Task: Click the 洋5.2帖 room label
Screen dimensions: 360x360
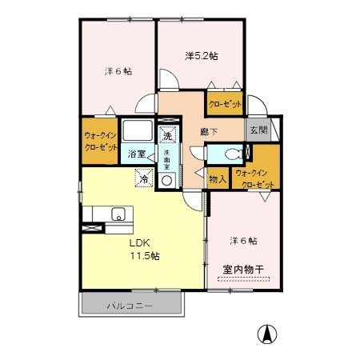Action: pos(202,56)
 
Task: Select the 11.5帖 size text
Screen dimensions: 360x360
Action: pos(146,256)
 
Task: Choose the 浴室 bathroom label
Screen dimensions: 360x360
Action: pos(137,154)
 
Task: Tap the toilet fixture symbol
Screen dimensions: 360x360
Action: pos(233,154)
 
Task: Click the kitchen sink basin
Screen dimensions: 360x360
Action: pos(117,213)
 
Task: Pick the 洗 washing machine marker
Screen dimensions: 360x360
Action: pos(167,134)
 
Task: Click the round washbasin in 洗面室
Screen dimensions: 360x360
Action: pos(166,181)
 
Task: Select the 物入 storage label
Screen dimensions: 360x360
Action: pos(217,179)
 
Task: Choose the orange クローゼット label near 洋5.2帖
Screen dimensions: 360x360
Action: pos(226,104)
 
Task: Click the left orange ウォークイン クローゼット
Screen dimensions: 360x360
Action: pos(100,142)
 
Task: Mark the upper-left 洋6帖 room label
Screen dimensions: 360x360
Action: pos(117,71)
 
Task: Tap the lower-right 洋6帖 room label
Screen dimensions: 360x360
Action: pos(242,240)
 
